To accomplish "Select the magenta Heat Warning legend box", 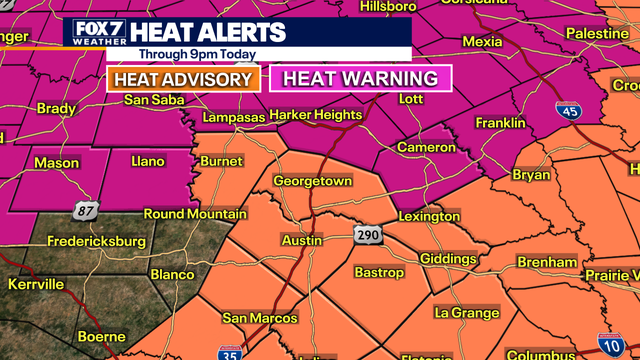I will tap(361, 78).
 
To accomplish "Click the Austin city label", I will tap(301, 241).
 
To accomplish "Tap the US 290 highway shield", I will tap(365, 235).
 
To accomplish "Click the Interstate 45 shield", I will tap(568, 111).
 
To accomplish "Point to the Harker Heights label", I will tap(316, 115).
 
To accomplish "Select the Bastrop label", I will tap(379, 272).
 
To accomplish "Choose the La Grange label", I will tap(466, 313).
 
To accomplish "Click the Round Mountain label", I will tap(195, 214).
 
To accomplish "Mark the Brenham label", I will tap(547, 262).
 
